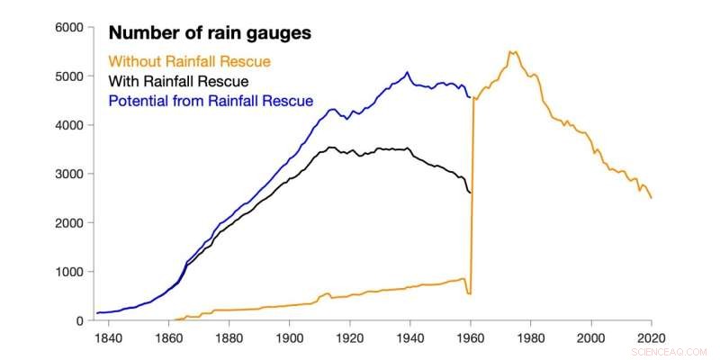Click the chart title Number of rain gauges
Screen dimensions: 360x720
point(210,33)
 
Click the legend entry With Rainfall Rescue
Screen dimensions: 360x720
point(179,81)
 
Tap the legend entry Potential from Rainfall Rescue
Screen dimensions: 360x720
point(211,101)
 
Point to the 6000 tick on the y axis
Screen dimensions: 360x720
point(68,28)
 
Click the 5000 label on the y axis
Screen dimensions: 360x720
point(68,76)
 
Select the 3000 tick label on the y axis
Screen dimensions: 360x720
point(68,174)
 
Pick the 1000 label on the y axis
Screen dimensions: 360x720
point(68,272)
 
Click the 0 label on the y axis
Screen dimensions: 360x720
point(78,320)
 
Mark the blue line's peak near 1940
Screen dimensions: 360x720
point(408,72)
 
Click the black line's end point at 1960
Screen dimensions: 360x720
point(470,193)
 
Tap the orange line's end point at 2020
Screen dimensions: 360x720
point(651,198)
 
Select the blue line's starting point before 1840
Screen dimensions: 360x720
point(97,313)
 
